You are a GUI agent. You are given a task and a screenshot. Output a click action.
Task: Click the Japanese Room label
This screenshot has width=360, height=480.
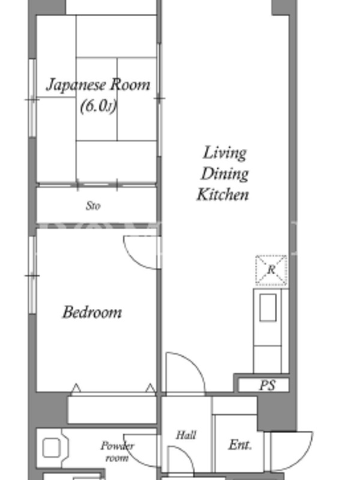[x=98, y=85]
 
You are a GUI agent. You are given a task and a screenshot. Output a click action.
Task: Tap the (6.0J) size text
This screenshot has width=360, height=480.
[x=98, y=107]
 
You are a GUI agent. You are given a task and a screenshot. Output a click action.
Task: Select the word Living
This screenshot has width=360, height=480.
[x=224, y=153]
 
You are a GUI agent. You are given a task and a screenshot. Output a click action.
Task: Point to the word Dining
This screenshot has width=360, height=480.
[x=224, y=173]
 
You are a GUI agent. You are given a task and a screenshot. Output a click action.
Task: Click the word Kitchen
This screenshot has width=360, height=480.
[x=223, y=194]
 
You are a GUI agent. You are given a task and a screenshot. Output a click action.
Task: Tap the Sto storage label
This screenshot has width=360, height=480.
[x=93, y=206]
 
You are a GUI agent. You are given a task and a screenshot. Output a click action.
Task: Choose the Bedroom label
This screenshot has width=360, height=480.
[x=92, y=312]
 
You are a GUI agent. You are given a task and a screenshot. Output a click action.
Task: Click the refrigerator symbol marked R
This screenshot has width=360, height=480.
[x=271, y=271]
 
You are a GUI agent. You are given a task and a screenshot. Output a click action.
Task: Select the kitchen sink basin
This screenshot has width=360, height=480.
[x=268, y=308]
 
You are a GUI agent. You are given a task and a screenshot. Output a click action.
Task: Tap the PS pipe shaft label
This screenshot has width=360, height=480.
[x=267, y=385]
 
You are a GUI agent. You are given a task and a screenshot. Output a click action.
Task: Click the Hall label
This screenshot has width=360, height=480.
[x=186, y=435]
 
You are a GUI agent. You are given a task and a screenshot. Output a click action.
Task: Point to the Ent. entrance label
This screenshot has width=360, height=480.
[x=240, y=445]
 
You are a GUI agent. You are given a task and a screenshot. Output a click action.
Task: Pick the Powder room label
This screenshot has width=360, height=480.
[x=117, y=452]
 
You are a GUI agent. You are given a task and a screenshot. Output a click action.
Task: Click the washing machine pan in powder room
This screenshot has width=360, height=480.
[x=51, y=448]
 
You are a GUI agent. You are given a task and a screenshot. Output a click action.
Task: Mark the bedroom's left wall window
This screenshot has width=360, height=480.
[x=32, y=275]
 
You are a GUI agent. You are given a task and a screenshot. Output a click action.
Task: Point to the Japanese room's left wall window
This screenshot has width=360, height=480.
[x=32, y=98]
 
